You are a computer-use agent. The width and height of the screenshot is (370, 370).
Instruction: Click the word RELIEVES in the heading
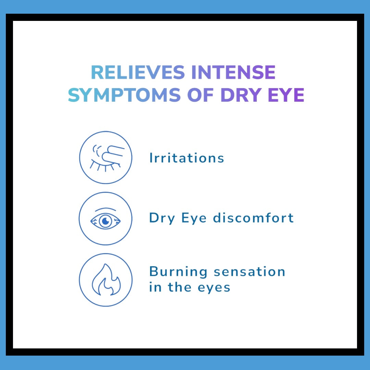[138, 72]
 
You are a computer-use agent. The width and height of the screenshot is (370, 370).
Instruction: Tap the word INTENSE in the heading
[233, 72]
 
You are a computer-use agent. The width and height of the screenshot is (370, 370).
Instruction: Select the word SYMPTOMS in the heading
[124, 95]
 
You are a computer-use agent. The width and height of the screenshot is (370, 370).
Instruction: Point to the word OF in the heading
[200, 95]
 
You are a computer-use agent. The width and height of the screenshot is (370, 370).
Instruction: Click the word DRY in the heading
[241, 95]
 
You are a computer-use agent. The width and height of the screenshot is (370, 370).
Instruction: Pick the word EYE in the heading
[286, 95]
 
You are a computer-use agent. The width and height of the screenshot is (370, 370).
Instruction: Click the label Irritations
[187, 158]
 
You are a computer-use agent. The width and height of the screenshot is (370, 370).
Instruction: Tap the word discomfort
[253, 218]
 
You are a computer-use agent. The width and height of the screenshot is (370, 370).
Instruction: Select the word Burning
[178, 272]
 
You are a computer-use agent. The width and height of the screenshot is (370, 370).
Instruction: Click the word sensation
[249, 272]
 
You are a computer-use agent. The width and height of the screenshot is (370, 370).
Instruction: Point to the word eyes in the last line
[214, 288]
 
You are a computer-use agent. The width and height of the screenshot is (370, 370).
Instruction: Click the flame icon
[106, 280]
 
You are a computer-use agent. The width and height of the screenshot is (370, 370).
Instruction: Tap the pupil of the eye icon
[106, 221]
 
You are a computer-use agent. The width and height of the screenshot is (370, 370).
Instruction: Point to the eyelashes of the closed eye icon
[105, 166]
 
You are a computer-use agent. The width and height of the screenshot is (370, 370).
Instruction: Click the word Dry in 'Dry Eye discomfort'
[162, 218]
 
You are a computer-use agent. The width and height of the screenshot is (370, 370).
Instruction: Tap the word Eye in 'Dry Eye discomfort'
[194, 218]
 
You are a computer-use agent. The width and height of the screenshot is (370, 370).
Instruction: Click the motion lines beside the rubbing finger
[97, 150]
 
